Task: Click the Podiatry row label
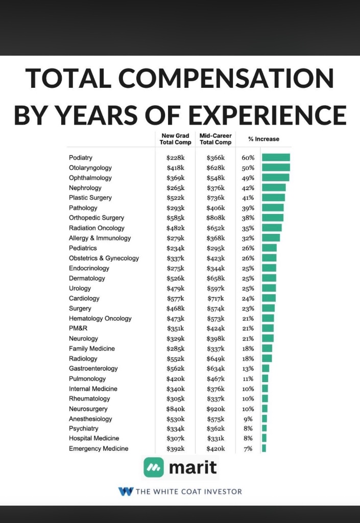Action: (81, 158)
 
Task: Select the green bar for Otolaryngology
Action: (276, 168)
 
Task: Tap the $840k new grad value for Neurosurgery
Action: (175, 409)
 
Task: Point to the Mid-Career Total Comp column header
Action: (215, 139)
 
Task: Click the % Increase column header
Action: (263, 139)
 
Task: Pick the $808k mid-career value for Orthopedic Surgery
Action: (215, 218)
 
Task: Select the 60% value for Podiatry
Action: (248, 158)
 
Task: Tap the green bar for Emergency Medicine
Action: (264, 448)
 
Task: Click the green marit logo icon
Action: (154, 467)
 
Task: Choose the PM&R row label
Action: (78, 328)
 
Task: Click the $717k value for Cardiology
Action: (215, 298)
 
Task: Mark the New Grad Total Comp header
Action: (176, 139)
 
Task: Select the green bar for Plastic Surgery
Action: (273, 198)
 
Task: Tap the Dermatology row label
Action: (87, 278)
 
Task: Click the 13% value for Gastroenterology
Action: (248, 369)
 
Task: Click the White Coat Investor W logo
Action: (125, 492)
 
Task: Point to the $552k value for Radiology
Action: (175, 359)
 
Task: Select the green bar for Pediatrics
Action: (269, 248)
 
